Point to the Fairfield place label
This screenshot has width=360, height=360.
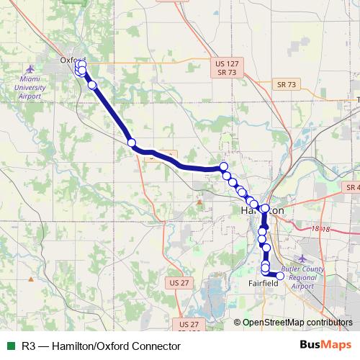264,284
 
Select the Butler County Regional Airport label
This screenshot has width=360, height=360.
302,277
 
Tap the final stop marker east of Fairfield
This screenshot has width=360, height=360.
281,275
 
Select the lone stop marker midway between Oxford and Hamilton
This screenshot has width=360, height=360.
132,143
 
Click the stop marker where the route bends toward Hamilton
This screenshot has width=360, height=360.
223,167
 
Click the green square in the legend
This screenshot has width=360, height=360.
9,346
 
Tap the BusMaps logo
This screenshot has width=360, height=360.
326,345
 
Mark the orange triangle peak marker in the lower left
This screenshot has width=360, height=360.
31,276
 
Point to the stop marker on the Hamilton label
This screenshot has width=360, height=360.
264,209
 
